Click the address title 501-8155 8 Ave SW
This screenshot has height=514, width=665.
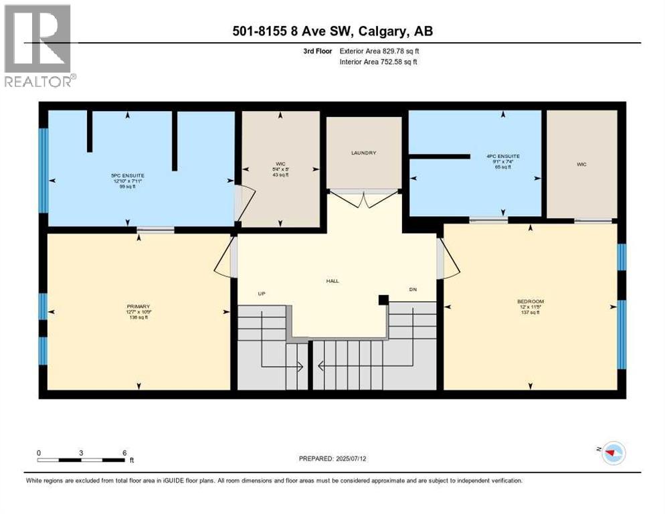click(332, 31)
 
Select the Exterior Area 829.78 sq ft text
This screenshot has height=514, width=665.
click(379, 51)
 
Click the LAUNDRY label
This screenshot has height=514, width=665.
click(364, 153)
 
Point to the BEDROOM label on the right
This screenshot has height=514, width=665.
click(531, 302)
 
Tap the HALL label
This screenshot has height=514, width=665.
click(332, 280)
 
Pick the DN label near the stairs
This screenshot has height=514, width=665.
click(413, 289)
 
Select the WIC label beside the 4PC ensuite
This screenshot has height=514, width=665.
click(581, 165)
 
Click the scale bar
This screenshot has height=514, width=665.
click(81, 460)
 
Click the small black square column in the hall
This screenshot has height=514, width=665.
click(383, 301)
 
